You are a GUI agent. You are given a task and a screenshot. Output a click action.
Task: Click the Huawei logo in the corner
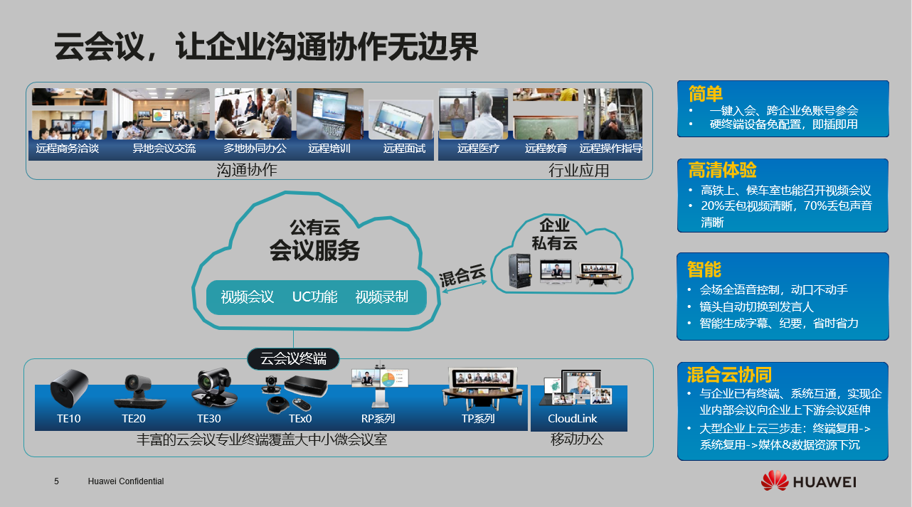pos(808,481)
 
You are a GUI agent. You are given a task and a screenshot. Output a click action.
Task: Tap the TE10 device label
pos(69,419)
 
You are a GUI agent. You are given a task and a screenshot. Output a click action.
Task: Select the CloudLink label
pos(572,419)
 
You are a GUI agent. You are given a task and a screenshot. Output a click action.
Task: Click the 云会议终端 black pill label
pos(292,359)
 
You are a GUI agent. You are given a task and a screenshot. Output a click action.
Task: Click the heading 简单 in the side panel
pos(706,94)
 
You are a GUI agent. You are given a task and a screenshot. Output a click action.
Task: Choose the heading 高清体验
pos(722,171)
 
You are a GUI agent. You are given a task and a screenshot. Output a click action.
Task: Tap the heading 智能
pos(704,269)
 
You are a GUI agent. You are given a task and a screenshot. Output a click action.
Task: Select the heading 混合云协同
pos(729,375)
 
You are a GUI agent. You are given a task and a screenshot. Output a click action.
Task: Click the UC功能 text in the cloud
pos(314,297)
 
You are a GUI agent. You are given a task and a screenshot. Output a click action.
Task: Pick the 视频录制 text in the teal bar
pos(381,297)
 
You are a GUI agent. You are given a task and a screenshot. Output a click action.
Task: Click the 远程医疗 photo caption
pos(478,149)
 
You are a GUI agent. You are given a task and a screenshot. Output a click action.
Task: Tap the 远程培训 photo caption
pos(329,149)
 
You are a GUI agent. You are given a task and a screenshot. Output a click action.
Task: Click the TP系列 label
pos(478,419)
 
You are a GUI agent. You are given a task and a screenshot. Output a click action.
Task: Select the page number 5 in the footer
pos(56,481)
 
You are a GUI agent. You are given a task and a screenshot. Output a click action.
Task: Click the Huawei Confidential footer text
pos(126,481)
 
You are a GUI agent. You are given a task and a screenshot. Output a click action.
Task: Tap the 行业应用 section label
pos(578,171)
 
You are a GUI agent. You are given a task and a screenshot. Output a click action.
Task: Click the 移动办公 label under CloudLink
pos(577,439)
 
